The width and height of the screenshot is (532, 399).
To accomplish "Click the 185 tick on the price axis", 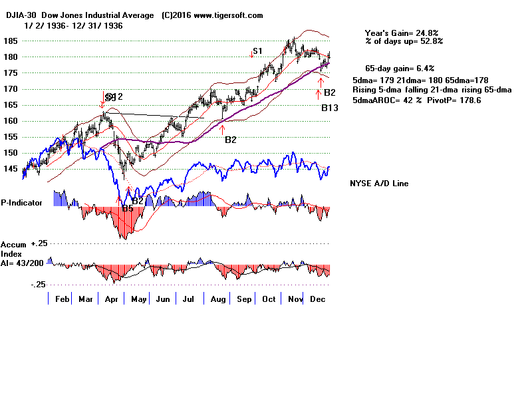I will point(10,41).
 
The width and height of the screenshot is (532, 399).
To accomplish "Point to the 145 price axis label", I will point(10,169).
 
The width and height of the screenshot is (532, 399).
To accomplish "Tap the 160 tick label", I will point(10,121).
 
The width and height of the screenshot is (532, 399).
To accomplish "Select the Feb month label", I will point(63,300).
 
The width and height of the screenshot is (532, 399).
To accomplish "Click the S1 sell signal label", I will point(257,51).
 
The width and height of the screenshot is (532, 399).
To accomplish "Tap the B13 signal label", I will point(330,108).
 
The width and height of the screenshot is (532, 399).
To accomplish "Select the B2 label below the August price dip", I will point(231,140).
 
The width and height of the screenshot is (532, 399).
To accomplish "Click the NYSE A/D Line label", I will point(379,184).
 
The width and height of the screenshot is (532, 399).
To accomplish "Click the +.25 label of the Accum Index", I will point(37,243).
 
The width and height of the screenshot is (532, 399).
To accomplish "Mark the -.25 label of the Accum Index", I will point(37,284).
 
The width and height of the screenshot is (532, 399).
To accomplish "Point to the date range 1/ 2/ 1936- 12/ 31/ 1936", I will point(76,25).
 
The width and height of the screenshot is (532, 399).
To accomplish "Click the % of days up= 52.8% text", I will point(404,41).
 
